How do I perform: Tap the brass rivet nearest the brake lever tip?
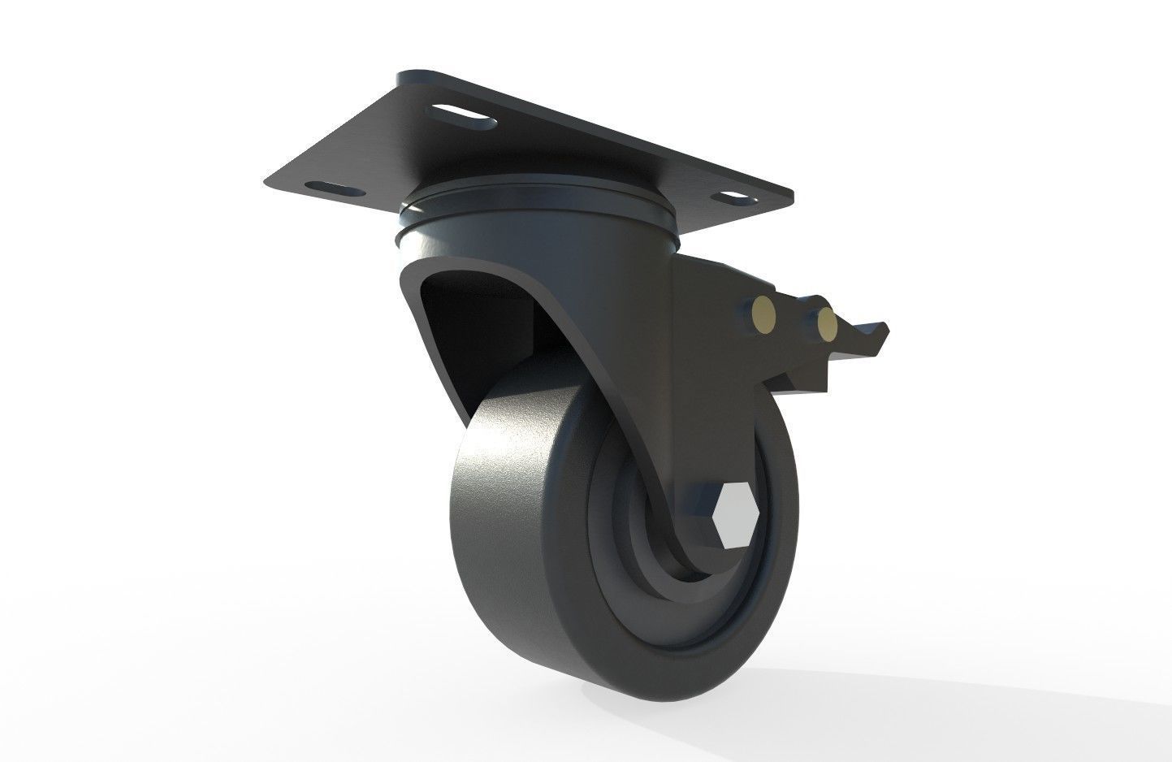[827, 323]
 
